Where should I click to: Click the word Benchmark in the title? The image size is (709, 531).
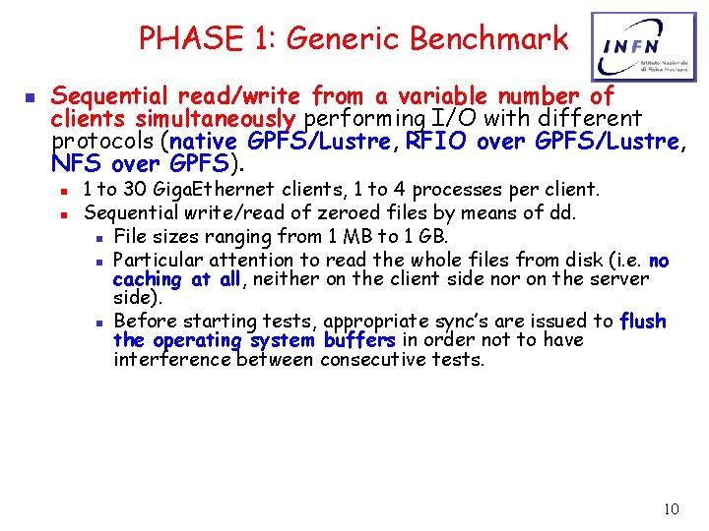point(489,38)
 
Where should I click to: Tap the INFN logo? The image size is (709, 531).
point(635,46)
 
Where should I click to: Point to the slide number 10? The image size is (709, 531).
point(671,508)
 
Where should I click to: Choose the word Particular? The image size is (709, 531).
point(154,260)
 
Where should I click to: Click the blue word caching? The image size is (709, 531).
point(148,279)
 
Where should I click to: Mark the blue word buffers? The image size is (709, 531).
point(359,340)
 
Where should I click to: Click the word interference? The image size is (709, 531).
point(173,360)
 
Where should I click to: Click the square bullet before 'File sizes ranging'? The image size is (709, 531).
point(101,237)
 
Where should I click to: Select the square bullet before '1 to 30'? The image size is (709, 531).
point(63,189)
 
